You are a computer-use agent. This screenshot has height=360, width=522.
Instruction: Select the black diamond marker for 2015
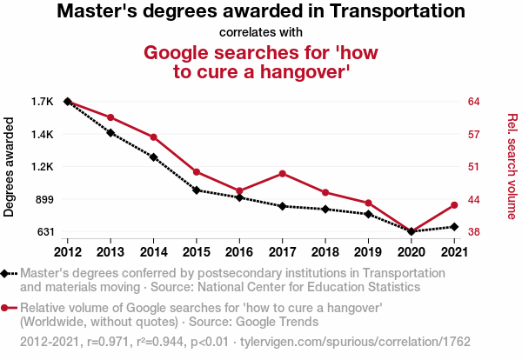tap(197, 190)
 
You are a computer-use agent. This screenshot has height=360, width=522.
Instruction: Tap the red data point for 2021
tap(454, 205)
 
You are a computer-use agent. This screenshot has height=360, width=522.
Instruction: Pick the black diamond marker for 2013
tap(110, 132)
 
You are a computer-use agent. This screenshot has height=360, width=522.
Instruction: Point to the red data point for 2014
tap(153, 137)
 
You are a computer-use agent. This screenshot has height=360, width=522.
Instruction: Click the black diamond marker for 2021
tap(454, 227)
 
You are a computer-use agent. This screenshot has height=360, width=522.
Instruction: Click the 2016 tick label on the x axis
tap(239, 252)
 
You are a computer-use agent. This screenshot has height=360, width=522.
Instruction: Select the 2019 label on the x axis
tap(368, 252)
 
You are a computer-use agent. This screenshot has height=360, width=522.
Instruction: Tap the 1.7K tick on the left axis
tap(42, 102)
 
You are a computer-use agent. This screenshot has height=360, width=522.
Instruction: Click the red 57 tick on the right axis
tap(474, 135)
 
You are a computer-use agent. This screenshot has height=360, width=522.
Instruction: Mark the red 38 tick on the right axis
tap(474, 232)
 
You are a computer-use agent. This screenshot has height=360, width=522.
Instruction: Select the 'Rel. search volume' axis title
tap(512, 167)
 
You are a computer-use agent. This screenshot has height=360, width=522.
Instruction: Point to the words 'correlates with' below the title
tap(261, 33)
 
